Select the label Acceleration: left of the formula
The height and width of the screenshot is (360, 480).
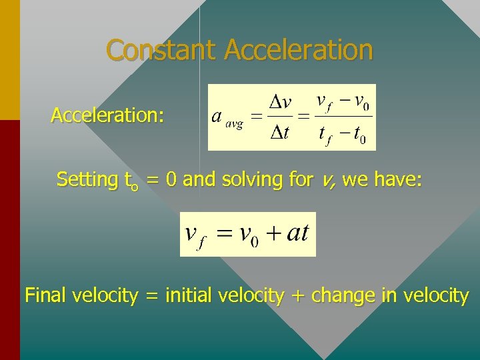[x=107, y=115]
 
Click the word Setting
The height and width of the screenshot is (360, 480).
[x=87, y=179]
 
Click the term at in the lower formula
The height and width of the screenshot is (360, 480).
[x=297, y=234]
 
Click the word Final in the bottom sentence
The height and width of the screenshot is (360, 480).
[x=47, y=295]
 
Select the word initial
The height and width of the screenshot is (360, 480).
[x=188, y=295]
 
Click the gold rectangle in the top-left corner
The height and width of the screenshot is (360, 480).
[x=10, y=60]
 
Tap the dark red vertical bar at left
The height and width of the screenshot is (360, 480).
[x=10, y=240]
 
